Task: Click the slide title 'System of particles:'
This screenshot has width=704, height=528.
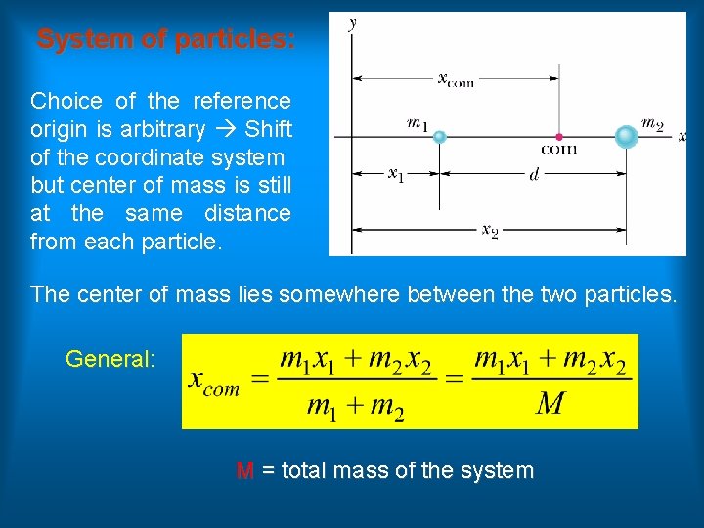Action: [165, 40]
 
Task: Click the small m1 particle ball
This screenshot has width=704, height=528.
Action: [440, 137]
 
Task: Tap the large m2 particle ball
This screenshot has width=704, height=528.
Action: [626, 136]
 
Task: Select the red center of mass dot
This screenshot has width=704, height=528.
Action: [558, 137]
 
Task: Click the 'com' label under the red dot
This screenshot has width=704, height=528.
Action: [558, 150]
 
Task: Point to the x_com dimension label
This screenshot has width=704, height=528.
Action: [456, 79]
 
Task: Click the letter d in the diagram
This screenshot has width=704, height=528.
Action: [533, 175]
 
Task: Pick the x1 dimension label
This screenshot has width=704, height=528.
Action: [396, 175]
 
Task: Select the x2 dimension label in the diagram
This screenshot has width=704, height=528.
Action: [490, 230]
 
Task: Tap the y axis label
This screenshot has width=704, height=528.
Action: [351, 22]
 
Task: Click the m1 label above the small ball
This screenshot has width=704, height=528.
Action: [418, 123]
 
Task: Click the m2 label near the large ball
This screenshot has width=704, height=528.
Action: [652, 123]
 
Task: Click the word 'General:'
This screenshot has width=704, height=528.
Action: [110, 359]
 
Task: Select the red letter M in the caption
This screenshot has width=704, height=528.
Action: [244, 471]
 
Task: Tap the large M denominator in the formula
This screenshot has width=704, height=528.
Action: [550, 402]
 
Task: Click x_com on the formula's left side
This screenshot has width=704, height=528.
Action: [213, 381]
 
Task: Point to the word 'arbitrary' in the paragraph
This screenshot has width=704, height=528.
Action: [164, 129]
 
